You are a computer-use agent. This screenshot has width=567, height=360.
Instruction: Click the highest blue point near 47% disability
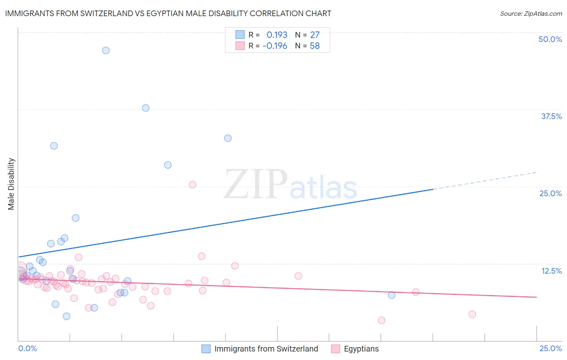point(106,50)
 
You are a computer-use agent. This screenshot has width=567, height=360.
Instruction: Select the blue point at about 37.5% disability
point(146,108)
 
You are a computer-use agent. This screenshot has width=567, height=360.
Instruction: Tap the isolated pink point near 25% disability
point(192,184)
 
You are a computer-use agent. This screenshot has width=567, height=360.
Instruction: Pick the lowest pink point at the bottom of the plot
point(381,320)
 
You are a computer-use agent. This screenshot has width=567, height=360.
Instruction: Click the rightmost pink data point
point(472,314)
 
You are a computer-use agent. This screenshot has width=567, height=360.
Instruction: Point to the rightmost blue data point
point(392,295)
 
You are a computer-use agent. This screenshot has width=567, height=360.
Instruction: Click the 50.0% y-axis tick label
point(550,39)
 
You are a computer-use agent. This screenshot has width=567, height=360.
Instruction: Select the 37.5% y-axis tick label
point(551,116)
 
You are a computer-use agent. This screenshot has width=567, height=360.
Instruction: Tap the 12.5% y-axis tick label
point(551,271)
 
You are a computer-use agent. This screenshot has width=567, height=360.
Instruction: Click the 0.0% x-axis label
point(27,348)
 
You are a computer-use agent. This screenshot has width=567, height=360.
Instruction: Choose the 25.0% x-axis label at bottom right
point(550,348)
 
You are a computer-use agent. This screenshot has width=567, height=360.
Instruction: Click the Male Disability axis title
point(11,184)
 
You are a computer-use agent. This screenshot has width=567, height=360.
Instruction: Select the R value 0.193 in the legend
point(277,35)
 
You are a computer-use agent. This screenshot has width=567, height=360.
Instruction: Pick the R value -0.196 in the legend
point(275,46)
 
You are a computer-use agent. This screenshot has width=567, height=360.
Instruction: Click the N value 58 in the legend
point(315,46)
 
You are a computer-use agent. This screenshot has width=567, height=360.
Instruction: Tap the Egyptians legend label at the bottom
point(361,349)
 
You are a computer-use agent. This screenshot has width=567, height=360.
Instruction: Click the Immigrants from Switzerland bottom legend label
point(266,349)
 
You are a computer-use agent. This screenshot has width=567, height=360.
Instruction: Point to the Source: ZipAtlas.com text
point(531,13)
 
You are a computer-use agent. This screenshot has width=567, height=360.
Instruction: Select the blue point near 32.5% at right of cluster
point(228,138)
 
